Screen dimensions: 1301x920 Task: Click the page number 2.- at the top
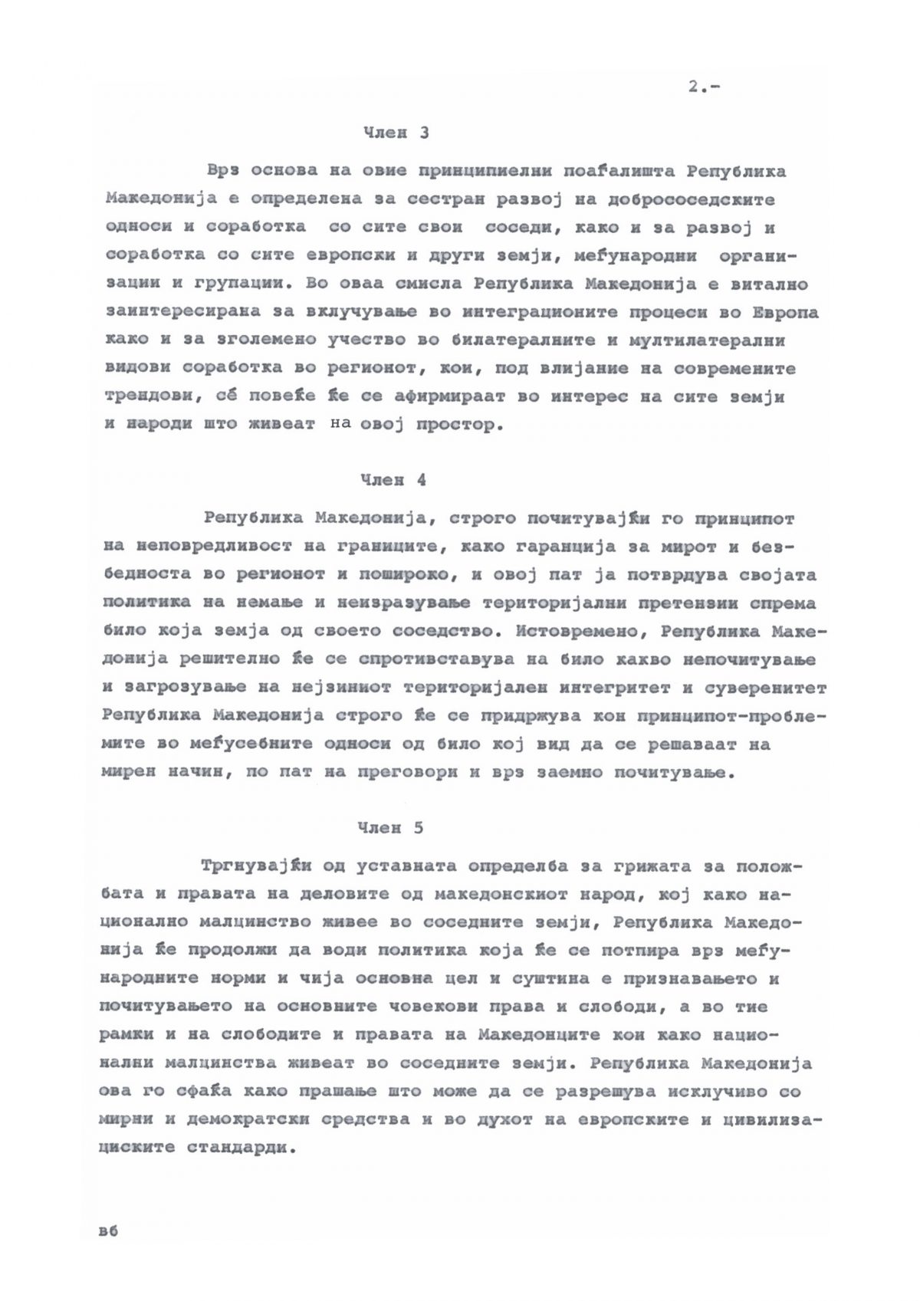tap(703, 87)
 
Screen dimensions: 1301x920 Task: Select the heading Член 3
tap(396, 133)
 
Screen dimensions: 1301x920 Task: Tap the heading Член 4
tap(393, 481)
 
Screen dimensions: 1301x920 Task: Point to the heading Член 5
tap(390, 829)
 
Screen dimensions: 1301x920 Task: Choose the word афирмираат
tap(442, 398)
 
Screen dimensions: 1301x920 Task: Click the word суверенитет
tap(764, 688)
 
